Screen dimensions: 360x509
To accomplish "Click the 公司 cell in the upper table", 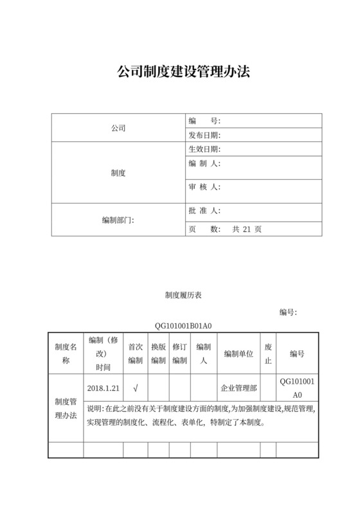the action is [118, 128].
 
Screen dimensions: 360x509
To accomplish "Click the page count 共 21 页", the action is [247, 229].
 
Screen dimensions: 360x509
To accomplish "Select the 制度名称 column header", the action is [66, 353].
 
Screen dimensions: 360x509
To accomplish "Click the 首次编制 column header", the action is [135, 353].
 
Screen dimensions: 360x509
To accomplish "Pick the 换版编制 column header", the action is [158, 353].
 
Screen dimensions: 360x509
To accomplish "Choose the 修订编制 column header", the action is [180, 353].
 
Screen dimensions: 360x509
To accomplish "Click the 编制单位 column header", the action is [238, 353].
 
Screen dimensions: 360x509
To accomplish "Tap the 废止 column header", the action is [268, 353].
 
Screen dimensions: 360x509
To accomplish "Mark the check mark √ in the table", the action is [135, 388].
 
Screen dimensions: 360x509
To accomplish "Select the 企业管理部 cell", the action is [238, 388].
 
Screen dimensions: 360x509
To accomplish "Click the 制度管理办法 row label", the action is [66, 408].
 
